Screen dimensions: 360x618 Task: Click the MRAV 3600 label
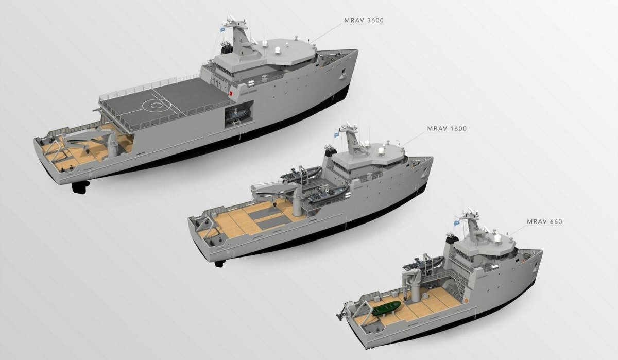tap(364, 21)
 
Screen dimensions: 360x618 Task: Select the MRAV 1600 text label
tap(447, 128)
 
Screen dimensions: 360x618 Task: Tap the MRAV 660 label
tap(544, 222)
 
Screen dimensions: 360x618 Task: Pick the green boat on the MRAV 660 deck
tap(387, 309)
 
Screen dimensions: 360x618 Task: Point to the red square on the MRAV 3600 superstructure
tap(232, 94)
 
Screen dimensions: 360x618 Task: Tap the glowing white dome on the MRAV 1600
tap(382, 151)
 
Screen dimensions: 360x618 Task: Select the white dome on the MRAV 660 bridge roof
tap(497, 238)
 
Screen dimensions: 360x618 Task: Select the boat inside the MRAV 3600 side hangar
tap(237, 116)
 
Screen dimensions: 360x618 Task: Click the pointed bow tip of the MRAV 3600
tap(356, 51)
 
